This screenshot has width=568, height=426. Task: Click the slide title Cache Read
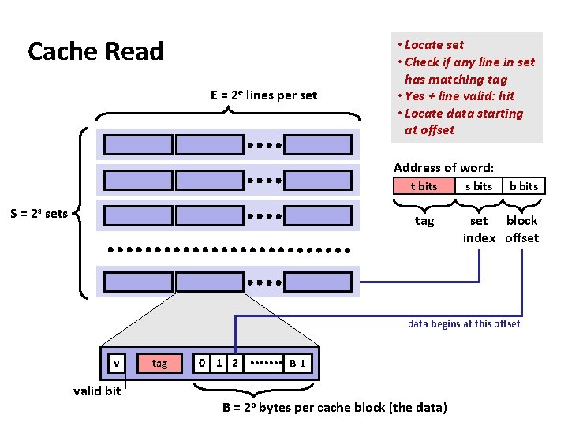(x=95, y=52)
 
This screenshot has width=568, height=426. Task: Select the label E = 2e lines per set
(x=263, y=95)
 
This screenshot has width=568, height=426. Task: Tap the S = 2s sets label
(x=39, y=213)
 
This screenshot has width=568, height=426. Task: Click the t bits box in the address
(x=424, y=186)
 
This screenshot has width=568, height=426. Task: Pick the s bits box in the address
(x=478, y=186)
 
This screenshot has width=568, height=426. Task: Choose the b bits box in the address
(x=523, y=186)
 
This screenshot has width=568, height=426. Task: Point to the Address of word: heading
(x=443, y=167)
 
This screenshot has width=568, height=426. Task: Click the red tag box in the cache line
(x=159, y=364)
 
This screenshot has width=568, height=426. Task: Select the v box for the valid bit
(x=117, y=364)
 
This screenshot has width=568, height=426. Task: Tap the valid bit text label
(x=97, y=390)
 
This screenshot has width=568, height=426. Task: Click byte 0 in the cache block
(x=203, y=364)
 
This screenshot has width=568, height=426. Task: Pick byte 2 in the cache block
(x=234, y=364)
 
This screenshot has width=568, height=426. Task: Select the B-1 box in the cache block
(x=298, y=364)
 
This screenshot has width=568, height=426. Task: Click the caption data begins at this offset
(x=464, y=323)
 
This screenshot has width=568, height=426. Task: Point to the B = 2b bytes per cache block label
(x=334, y=407)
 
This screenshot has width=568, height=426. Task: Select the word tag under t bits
(x=424, y=221)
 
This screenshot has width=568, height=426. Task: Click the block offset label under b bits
(x=521, y=230)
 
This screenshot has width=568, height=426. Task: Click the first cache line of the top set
(x=138, y=145)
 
